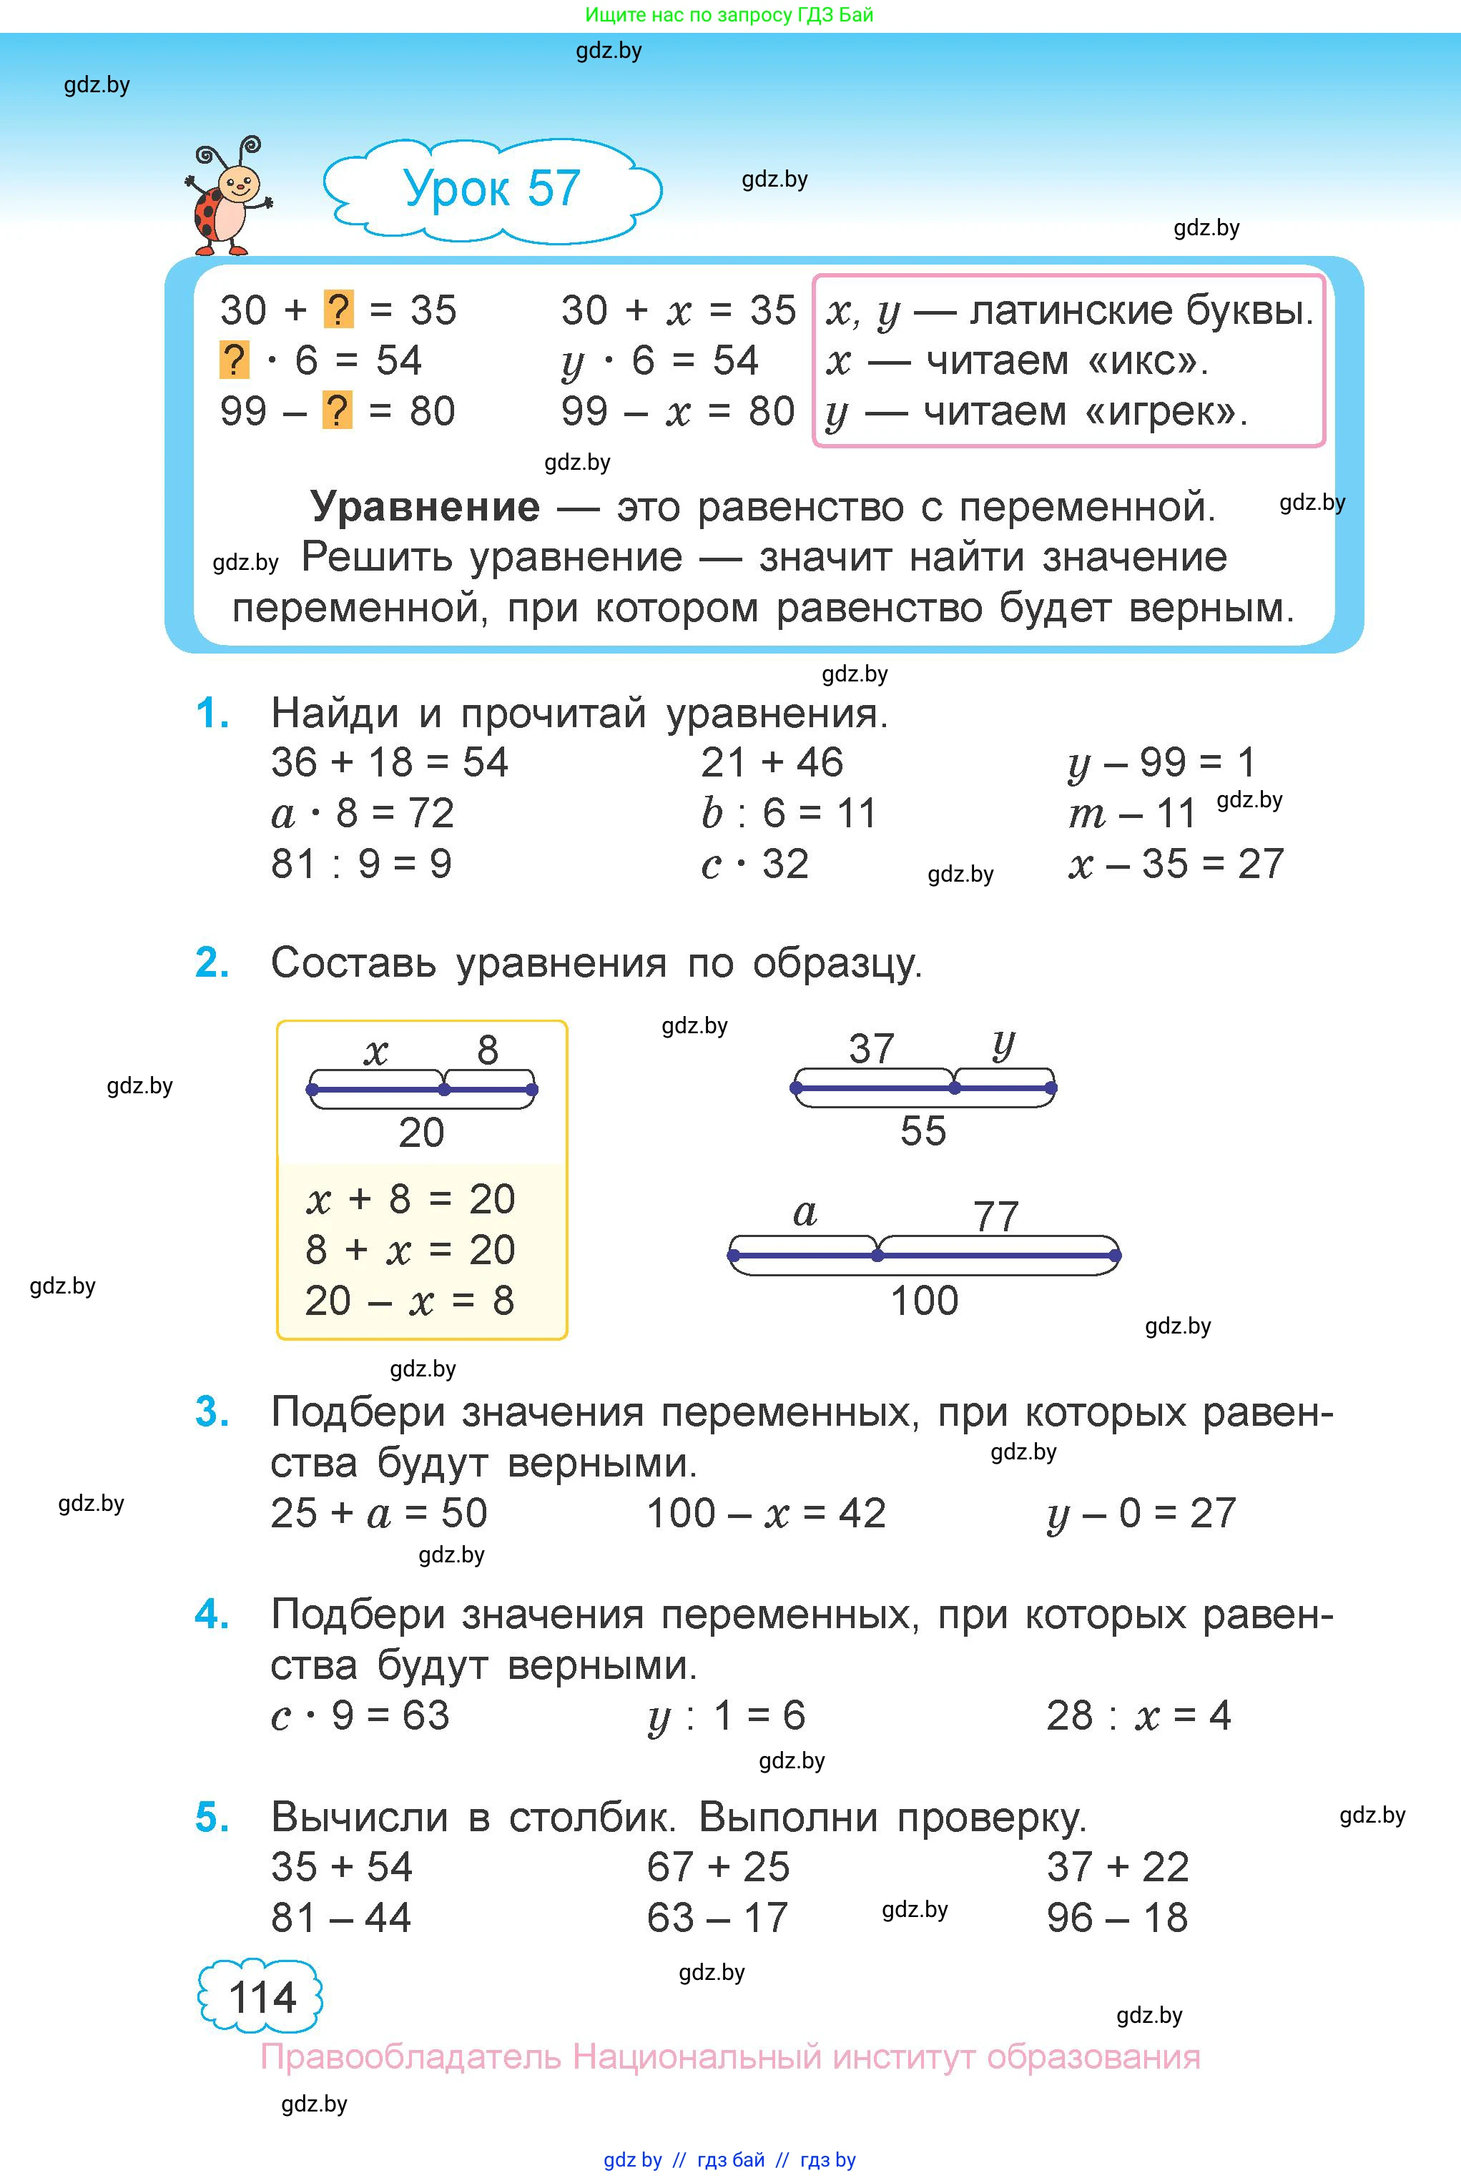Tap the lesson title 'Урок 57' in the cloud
click(492, 189)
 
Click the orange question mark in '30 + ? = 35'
click(338, 310)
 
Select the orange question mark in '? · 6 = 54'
click(234, 360)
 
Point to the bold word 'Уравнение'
click(425, 508)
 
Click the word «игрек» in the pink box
click(1165, 411)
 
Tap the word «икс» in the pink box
click(1145, 360)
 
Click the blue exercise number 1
click(212, 714)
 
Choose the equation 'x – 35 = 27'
click(1176, 864)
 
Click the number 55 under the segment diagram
click(923, 1131)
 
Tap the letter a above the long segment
click(805, 1213)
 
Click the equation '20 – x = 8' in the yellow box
click(410, 1301)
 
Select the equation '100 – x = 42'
click(766, 1514)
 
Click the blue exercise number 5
click(212, 1818)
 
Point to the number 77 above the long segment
click(995, 1216)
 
